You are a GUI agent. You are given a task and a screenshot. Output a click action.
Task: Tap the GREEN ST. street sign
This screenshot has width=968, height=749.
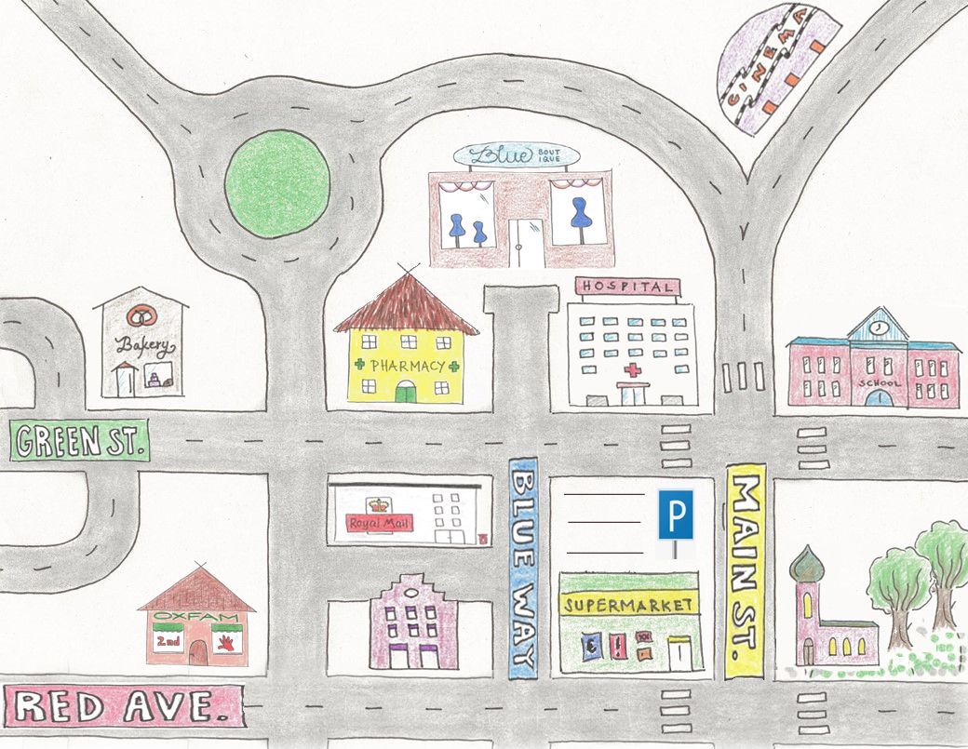tap(79, 439)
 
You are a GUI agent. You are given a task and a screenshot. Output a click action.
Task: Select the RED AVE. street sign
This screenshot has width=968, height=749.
tap(123, 706)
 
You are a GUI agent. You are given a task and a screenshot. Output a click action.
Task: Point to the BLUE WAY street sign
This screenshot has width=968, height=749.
tap(524, 568)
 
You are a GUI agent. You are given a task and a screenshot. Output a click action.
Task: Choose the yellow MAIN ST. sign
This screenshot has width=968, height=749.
tap(745, 570)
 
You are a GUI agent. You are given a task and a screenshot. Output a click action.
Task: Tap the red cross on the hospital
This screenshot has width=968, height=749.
tap(634, 371)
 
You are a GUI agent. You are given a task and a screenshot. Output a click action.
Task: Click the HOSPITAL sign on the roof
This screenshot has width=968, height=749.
tap(626, 287)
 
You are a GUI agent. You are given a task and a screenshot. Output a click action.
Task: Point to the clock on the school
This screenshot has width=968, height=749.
tap(878, 327)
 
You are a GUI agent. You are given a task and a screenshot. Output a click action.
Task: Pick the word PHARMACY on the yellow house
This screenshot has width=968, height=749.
tap(407, 365)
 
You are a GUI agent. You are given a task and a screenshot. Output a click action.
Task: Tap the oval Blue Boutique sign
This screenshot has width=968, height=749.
tap(516, 155)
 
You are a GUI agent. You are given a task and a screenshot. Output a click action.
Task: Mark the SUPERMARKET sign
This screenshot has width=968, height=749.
tap(628, 605)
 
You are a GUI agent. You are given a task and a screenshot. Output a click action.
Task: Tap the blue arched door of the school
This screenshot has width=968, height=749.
tap(877, 397)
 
